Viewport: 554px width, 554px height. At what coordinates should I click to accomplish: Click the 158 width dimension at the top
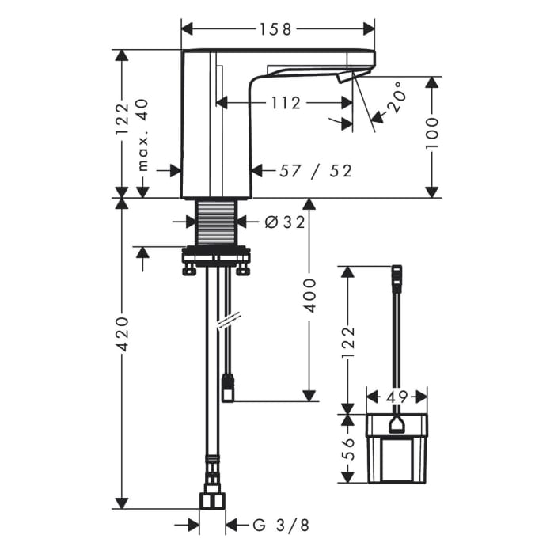276,29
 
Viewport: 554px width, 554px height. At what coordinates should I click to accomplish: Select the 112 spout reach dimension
286,103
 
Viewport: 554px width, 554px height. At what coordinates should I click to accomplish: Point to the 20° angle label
395,97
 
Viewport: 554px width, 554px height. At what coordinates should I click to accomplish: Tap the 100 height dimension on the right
432,134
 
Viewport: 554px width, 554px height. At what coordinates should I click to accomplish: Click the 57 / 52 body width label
316,171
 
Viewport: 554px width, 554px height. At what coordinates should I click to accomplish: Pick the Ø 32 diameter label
284,222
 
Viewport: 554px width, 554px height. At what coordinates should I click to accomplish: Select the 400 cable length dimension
309,295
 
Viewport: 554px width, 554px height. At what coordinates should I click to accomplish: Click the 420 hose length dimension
123,334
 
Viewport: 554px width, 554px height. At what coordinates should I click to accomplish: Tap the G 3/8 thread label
281,525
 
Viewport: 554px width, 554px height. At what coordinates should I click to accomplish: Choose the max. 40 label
142,135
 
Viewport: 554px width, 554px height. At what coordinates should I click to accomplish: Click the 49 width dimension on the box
397,397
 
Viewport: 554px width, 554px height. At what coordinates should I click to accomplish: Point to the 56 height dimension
348,449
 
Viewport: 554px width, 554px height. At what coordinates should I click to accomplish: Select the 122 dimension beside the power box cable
348,343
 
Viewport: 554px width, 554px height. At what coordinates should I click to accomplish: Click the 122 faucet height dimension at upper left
123,119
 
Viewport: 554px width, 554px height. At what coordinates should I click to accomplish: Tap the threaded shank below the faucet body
217,222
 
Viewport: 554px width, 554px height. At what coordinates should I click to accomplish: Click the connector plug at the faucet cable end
227,388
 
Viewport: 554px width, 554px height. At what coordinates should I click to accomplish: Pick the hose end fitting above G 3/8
212,501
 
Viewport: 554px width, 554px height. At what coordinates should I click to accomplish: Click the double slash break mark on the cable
229,320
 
